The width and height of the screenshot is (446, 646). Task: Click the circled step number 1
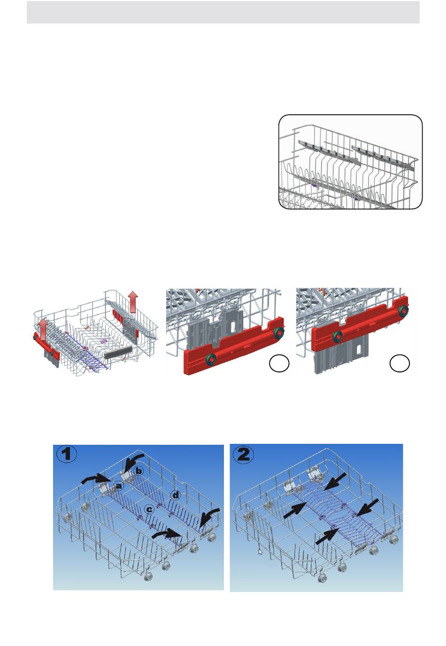pyautogui.click(x=67, y=454)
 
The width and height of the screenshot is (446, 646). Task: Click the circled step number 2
pyautogui.click(x=243, y=455)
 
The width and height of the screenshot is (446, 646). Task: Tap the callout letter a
pyautogui.click(x=118, y=486)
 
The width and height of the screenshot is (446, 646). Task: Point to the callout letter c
pyautogui.click(x=149, y=510)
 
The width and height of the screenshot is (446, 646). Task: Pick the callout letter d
pyautogui.click(x=175, y=496)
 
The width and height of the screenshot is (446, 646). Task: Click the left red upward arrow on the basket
pyautogui.click(x=42, y=329)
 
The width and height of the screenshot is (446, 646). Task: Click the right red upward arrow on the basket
pyautogui.click(x=133, y=302)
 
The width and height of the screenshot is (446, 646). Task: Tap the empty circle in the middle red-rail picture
pyautogui.click(x=279, y=363)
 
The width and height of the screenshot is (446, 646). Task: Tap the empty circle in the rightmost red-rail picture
pyautogui.click(x=400, y=363)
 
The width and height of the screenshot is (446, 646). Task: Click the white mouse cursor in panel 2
pyautogui.click(x=260, y=552)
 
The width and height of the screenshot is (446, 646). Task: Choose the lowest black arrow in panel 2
pyautogui.click(x=327, y=537)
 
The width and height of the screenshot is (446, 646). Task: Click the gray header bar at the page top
pyautogui.click(x=223, y=12)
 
